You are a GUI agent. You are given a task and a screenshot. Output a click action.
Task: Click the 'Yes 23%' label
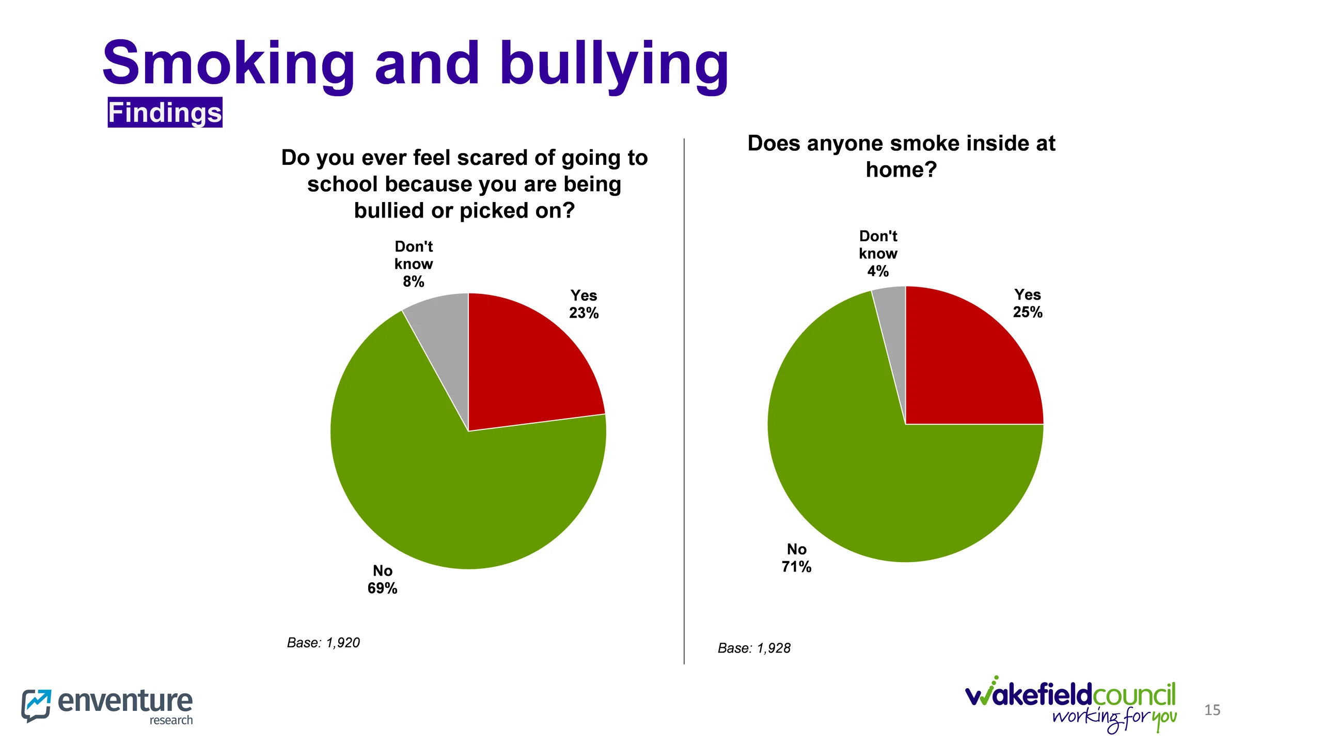point(584,304)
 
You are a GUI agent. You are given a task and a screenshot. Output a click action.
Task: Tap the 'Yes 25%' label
point(1027,303)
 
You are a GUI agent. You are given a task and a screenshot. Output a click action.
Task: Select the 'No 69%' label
point(382,579)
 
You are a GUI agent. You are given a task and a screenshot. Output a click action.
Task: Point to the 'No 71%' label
point(796,557)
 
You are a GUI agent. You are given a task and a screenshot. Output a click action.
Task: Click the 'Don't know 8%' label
point(414,264)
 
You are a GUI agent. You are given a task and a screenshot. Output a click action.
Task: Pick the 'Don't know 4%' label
point(878,254)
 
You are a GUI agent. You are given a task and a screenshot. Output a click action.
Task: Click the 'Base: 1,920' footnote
point(323,643)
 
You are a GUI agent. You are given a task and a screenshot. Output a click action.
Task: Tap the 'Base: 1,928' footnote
point(754,648)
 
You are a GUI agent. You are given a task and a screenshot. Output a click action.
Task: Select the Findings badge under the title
point(165,113)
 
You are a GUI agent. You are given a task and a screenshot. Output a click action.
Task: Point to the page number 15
point(1212,710)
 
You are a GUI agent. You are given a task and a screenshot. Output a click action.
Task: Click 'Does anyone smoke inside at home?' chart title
point(901,156)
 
